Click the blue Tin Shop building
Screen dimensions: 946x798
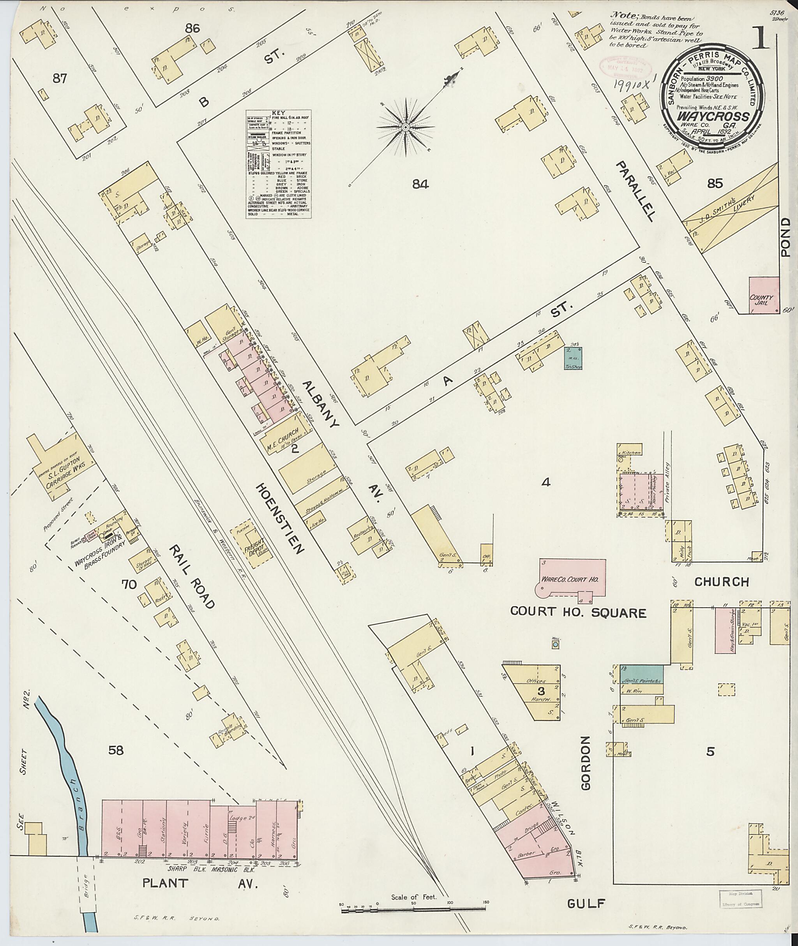[573, 358]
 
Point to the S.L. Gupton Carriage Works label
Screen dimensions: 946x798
[64, 474]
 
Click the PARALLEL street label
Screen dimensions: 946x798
[635, 191]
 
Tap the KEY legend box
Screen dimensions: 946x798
[279, 165]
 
